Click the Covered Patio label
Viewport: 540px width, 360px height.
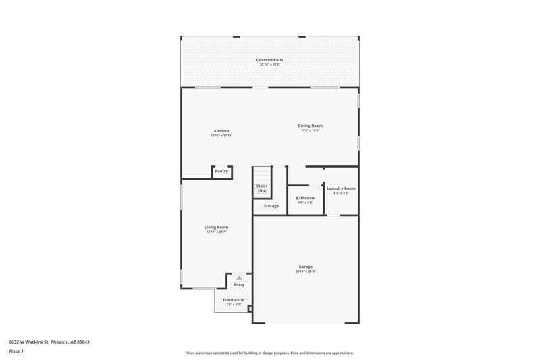coord(269,60)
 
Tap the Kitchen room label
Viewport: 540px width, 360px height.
coord(221,130)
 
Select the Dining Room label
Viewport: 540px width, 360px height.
coord(310,125)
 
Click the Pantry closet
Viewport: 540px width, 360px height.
coord(221,172)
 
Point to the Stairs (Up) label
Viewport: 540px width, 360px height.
coord(262,188)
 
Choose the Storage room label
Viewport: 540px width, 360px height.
coord(271,205)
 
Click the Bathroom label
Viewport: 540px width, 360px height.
coord(305,198)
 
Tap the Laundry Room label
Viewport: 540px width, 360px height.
coord(341,188)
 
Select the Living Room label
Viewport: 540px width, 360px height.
coord(216,227)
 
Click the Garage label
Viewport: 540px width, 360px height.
coord(305,266)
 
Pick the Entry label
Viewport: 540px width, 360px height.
coord(239,284)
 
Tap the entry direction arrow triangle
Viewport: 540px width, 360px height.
coord(238,278)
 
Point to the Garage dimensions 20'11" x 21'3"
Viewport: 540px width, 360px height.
coord(305,272)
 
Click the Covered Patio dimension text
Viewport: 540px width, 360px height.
coord(269,65)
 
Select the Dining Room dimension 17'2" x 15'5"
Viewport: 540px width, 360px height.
coord(310,130)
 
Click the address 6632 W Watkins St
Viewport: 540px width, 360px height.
coord(49,342)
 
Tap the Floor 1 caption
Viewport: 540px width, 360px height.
coord(17,352)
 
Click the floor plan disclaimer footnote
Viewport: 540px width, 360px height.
coord(269,353)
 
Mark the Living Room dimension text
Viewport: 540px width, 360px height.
coord(216,232)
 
